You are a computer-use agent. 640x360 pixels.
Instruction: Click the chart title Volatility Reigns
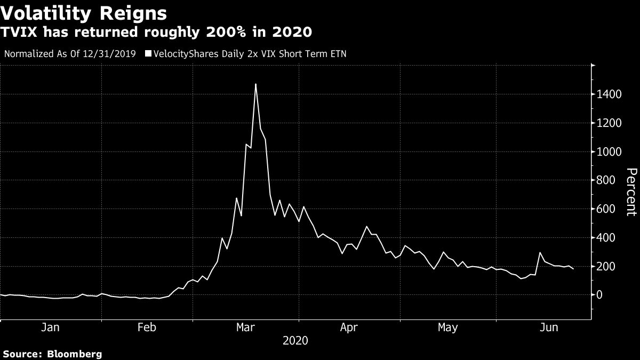pyautogui.click(x=84, y=12)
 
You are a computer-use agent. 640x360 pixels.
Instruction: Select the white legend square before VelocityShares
pyautogui.click(x=148, y=54)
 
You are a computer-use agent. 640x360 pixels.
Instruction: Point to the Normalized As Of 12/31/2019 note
pyautogui.click(x=69, y=54)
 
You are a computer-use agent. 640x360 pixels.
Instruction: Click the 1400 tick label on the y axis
pyautogui.click(x=610, y=95)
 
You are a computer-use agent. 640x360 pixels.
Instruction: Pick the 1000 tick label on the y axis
pyautogui.click(x=610, y=152)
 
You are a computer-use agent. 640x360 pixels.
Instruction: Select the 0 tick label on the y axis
pyautogui.click(x=601, y=295)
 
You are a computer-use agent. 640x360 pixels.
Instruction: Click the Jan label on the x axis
pyautogui.click(x=50, y=327)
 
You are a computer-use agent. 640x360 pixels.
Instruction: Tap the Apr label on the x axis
pyautogui.click(x=349, y=327)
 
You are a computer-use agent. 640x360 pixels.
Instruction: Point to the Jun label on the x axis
pyautogui.click(x=549, y=327)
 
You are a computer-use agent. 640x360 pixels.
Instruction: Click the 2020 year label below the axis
pyautogui.click(x=296, y=340)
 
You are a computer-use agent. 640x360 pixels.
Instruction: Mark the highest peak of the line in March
pyautogui.click(x=255, y=84)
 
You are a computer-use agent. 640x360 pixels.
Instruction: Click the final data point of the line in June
pyautogui.click(x=574, y=269)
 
